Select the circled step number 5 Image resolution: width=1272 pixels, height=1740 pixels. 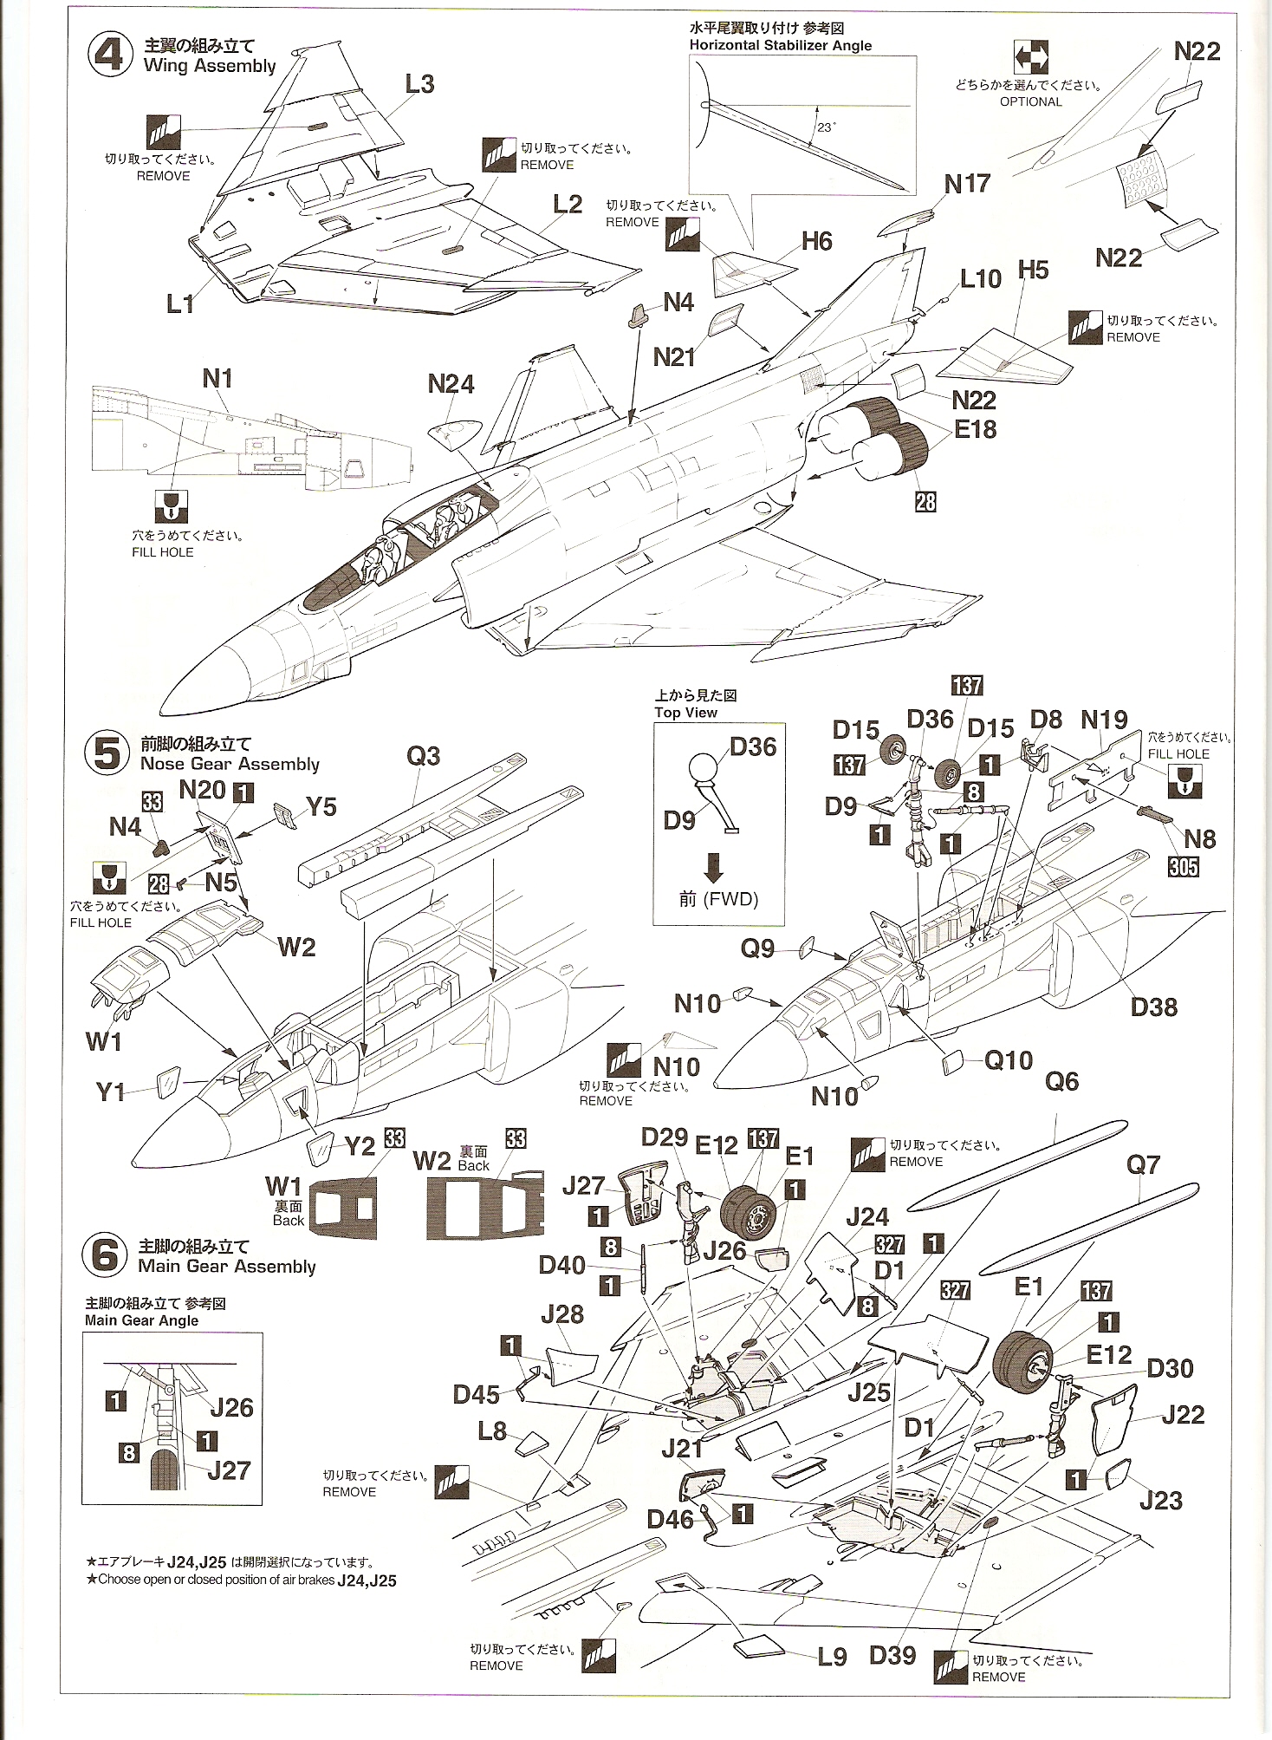tap(107, 753)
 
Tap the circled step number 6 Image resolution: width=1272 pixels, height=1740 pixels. tap(105, 1255)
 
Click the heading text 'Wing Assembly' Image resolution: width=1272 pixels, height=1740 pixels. tap(210, 66)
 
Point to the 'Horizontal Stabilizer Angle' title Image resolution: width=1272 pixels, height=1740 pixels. tap(780, 45)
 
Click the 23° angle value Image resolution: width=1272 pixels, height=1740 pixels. tap(825, 127)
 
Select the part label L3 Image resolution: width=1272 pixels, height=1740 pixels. tap(419, 84)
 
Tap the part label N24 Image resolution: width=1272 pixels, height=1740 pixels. tap(451, 384)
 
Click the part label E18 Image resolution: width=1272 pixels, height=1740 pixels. tap(975, 429)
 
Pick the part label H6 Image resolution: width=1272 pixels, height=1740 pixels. tap(816, 241)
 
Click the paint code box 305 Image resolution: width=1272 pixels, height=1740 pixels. tap(1183, 866)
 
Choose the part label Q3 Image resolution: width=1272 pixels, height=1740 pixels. tap(423, 756)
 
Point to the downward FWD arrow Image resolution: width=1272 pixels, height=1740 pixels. tap(713, 867)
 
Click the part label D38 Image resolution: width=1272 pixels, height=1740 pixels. tap(1153, 1007)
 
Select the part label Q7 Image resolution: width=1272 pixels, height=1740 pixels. tap(1142, 1164)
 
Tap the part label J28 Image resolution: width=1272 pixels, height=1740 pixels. tap(562, 1314)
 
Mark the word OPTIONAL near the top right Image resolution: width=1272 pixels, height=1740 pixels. tap(1030, 101)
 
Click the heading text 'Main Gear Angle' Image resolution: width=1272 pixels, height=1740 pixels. tap(141, 1320)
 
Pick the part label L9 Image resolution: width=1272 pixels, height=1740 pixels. tap(832, 1657)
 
